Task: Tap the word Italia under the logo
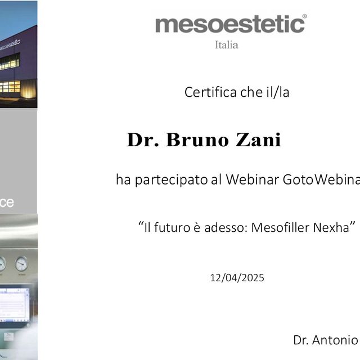coord(227,45)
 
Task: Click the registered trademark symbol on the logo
coord(304,17)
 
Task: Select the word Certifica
coord(211,92)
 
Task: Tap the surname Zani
coord(259,139)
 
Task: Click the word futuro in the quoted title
coord(171,228)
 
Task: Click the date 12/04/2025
coord(237,278)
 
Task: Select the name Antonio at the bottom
coord(340,340)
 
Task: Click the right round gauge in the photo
coord(21,263)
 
